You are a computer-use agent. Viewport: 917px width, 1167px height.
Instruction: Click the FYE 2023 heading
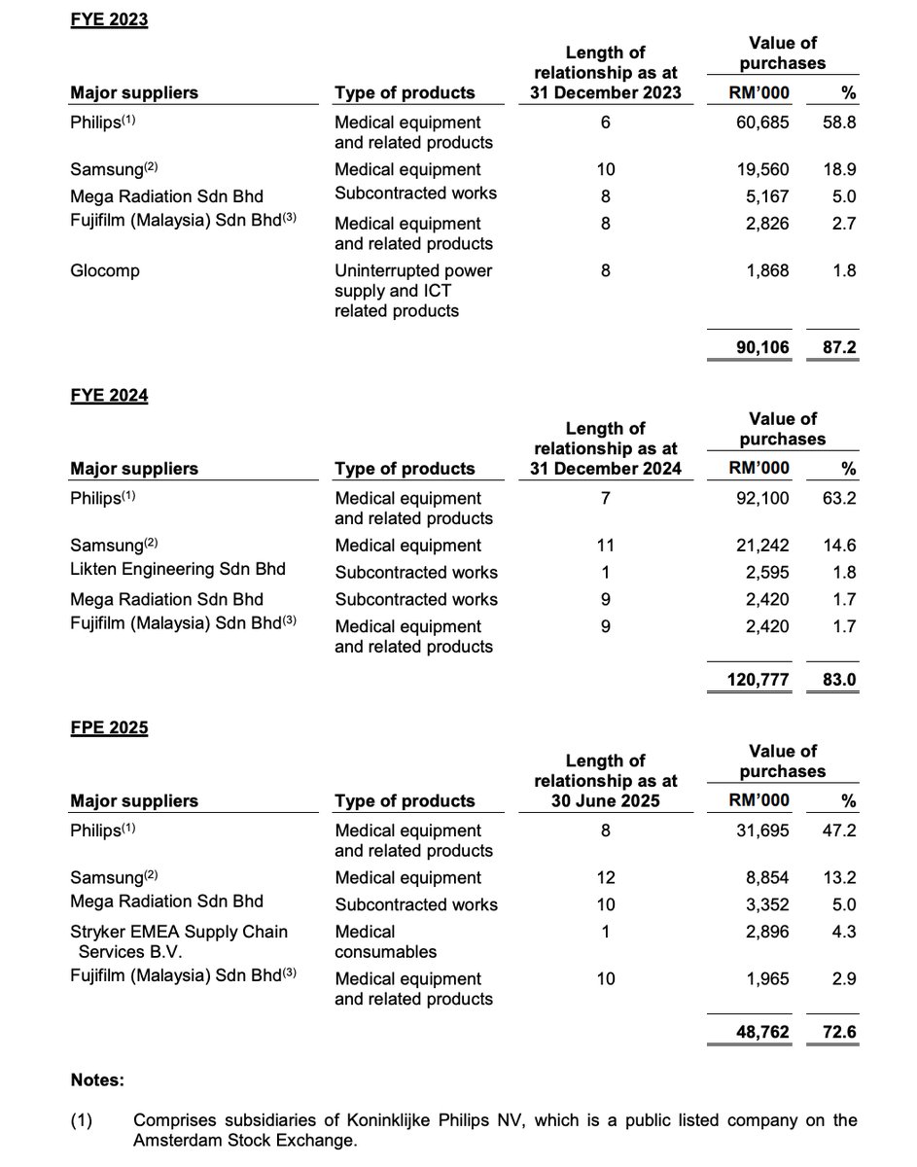[109, 19]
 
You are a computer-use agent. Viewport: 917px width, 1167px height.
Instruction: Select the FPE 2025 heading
[109, 727]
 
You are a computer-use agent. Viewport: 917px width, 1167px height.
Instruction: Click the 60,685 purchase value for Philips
[760, 123]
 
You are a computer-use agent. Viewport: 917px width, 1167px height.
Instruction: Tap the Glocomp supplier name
[105, 270]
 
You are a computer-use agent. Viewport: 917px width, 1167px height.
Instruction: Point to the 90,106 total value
[760, 347]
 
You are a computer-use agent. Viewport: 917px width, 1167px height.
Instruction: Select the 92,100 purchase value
[760, 499]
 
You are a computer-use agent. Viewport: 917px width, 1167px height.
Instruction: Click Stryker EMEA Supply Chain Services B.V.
[179, 941]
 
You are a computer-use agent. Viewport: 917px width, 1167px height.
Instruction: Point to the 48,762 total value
[760, 1032]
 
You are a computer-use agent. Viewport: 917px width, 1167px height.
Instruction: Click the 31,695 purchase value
[760, 831]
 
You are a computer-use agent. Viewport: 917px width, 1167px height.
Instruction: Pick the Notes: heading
[97, 1079]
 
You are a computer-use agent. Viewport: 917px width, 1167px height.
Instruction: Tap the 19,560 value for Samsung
[760, 169]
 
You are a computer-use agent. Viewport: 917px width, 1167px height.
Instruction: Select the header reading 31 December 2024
[605, 469]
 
